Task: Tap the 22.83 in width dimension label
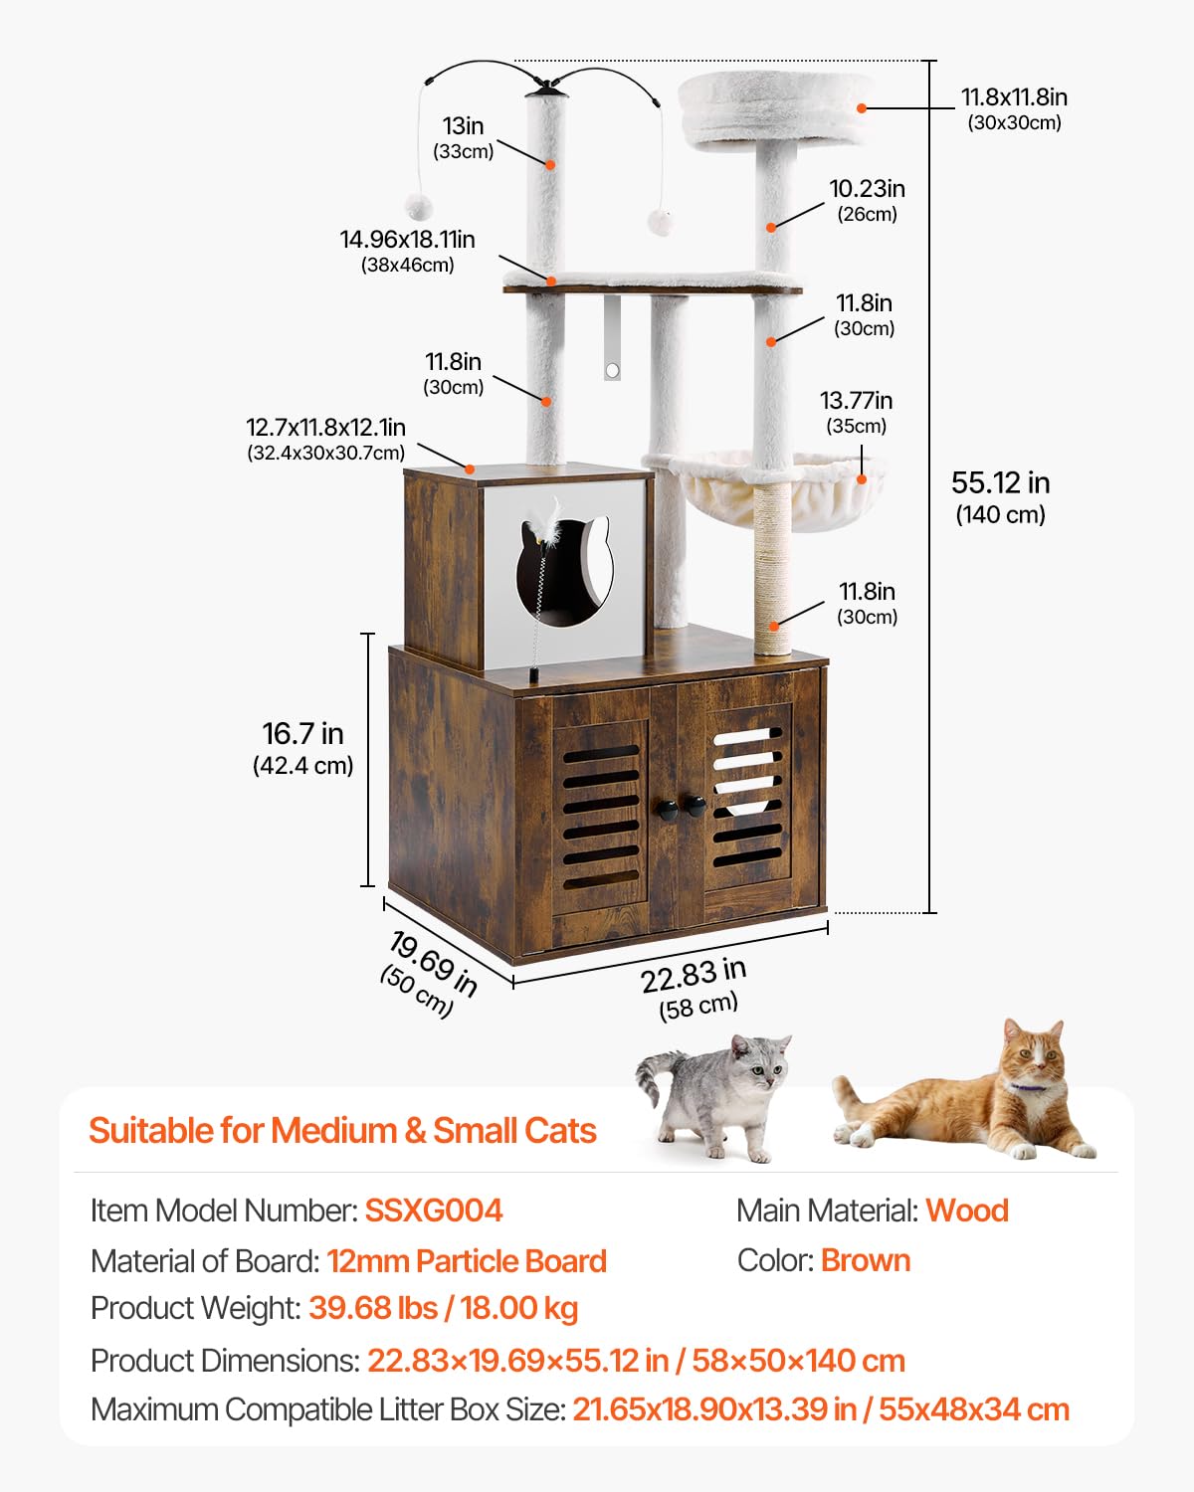(694, 975)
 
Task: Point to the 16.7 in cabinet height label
(302, 734)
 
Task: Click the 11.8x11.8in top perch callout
(1013, 97)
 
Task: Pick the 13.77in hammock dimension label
(856, 401)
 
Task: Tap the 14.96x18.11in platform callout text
(407, 240)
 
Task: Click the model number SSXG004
(433, 1211)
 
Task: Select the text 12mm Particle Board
(467, 1261)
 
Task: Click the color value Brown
(865, 1260)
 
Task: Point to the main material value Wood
(966, 1211)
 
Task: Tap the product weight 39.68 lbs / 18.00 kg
(443, 1308)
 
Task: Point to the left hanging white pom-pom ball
(418, 207)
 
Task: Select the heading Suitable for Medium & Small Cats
(342, 1131)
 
